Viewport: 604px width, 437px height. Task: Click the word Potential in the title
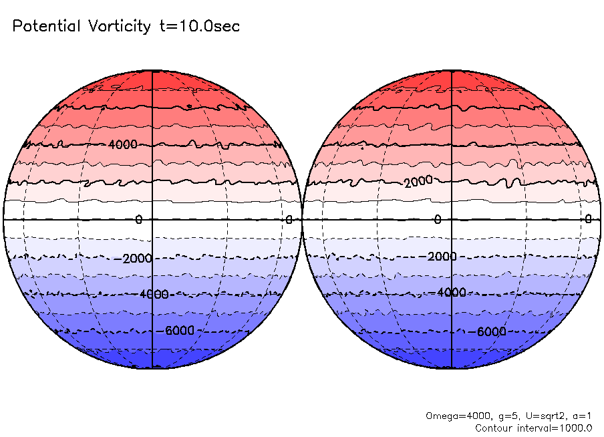click(x=46, y=27)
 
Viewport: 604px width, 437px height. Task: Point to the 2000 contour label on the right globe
click(x=420, y=182)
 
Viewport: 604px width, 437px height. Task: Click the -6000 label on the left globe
click(x=175, y=331)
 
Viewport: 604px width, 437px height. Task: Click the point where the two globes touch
click(x=302, y=219)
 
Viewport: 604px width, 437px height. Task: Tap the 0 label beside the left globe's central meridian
click(x=138, y=220)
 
